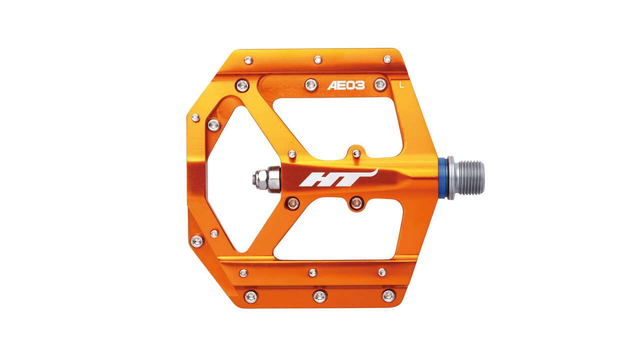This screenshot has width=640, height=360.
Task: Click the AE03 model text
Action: [x=346, y=85]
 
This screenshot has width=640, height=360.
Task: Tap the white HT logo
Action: [x=338, y=177]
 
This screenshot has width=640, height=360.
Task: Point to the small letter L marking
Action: [x=401, y=85]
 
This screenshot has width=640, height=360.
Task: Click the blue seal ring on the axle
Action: [x=442, y=177]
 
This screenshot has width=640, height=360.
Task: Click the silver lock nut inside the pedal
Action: [x=266, y=179]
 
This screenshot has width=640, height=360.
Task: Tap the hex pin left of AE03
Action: [x=311, y=84]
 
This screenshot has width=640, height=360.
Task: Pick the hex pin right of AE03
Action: [x=380, y=84]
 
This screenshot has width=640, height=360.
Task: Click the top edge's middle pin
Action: [x=318, y=59]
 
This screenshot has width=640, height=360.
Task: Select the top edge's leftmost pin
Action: [x=248, y=60]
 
